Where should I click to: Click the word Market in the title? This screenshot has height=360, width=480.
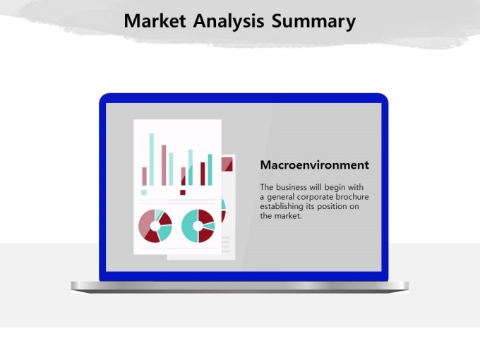click(x=155, y=21)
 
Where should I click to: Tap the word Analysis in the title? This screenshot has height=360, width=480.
click(x=229, y=22)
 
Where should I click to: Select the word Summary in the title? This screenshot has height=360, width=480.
click(x=314, y=22)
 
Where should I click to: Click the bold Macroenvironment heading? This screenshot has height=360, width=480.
click(x=314, y=165)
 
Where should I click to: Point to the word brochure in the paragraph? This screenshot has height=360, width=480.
click(x=352, y=197)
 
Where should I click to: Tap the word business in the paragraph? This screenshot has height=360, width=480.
click(x=291, y=187)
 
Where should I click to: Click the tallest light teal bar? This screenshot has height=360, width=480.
click(x=152, y=160)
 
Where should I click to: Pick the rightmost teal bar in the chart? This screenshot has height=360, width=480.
click(x=210, y=169)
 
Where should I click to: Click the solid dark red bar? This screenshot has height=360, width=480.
click(x=203, y=174)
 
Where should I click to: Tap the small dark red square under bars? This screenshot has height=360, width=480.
click(x=183, y=192)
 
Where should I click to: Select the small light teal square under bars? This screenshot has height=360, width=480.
click(x=144, y=192)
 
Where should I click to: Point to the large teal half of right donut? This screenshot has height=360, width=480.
click(x=189, y=226)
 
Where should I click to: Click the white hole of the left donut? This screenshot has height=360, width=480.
click(x=155, y=226)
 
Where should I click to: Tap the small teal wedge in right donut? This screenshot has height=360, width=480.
click(x=209, y=226)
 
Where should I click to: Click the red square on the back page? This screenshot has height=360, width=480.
click(x=227, y=164)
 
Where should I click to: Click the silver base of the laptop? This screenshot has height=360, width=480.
click(x=240, y=287)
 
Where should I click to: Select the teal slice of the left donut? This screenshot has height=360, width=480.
click(x=164, y=233)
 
